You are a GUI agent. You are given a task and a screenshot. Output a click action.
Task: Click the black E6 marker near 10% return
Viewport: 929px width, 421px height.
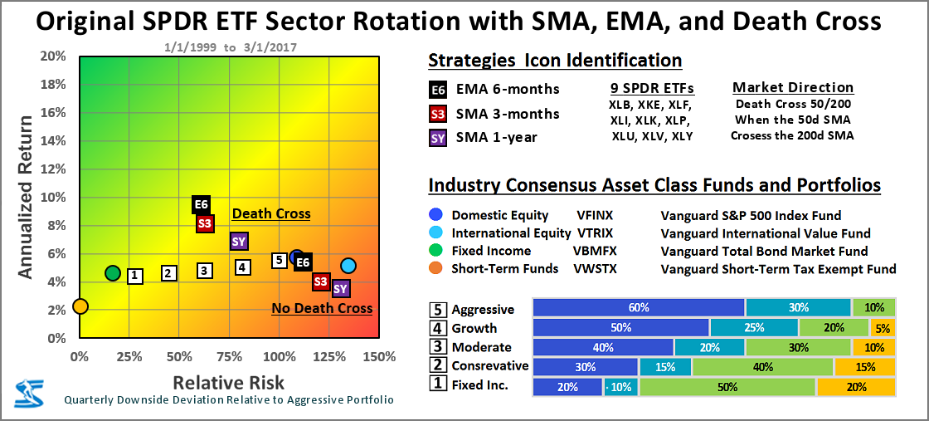point(201,204)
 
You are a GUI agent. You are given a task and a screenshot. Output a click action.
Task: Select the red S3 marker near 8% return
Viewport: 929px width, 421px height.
point(205,223)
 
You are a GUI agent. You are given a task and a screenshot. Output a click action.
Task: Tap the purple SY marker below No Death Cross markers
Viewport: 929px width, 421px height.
point(341,288)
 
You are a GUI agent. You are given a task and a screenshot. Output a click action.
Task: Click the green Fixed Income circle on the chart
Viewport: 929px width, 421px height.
point(113,273)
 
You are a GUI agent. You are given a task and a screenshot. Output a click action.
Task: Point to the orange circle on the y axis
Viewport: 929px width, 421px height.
point(80,306)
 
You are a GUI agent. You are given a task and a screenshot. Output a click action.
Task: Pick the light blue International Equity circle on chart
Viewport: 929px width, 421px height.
point(348,266)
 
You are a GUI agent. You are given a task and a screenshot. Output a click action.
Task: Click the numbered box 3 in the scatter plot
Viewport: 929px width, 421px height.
point(204,271)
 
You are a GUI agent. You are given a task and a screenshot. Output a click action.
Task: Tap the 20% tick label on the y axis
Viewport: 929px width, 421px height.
point(52,56)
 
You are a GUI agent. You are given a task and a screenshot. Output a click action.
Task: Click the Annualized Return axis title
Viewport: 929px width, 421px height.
point(26,197)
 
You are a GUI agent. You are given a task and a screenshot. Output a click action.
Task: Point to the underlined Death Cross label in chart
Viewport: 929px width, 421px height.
point(271,214)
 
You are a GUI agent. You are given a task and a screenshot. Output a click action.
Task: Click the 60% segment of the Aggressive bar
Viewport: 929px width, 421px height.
point(639,308)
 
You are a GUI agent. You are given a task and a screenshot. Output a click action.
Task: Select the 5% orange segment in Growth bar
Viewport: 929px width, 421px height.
point(883,328)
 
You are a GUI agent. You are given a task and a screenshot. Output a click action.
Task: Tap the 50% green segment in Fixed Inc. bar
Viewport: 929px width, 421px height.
point(727,386)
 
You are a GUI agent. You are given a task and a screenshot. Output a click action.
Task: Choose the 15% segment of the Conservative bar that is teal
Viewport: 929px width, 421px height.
point(664,366)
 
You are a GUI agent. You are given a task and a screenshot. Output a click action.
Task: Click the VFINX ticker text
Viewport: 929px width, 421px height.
point(596,216)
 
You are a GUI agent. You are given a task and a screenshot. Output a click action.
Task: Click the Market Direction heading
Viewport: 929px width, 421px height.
point(792,87)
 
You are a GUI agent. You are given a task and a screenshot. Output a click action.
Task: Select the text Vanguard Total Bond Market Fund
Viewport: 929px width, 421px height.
point(764,251)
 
